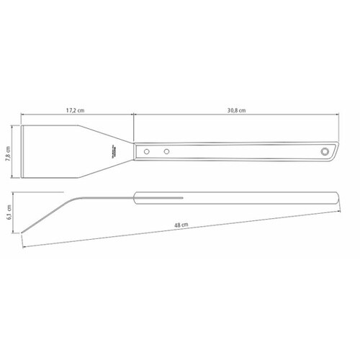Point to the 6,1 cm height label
tap(9, 212)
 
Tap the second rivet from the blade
tap(166, 151)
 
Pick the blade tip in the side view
tap(23, 232)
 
